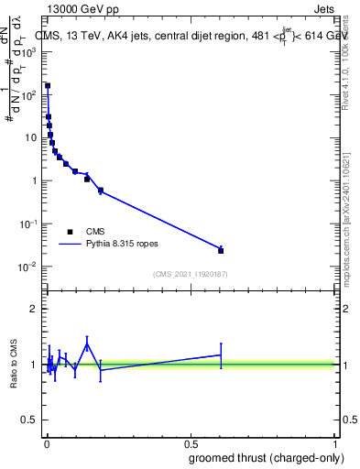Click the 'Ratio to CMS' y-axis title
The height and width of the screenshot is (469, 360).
click(16, 365)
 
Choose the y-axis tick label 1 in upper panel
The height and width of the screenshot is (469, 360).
click(35, 180)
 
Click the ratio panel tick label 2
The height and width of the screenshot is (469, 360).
click(35, 309)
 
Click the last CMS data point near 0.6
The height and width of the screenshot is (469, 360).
click(221, 250)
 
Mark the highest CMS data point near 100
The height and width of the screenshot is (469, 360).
click(48, 86)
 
